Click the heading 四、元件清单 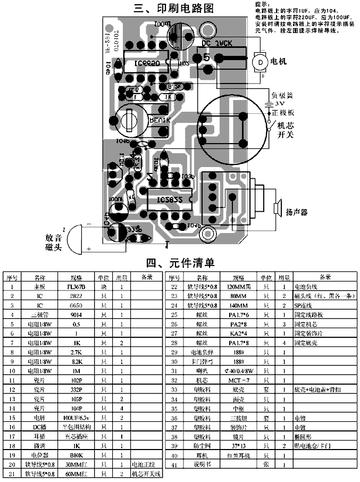click(180, 263)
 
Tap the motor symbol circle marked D click(261, 62)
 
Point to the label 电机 click(279, 61)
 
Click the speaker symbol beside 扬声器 click(277, 208)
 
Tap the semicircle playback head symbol click(79, 237)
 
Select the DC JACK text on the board click(219, 44)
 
